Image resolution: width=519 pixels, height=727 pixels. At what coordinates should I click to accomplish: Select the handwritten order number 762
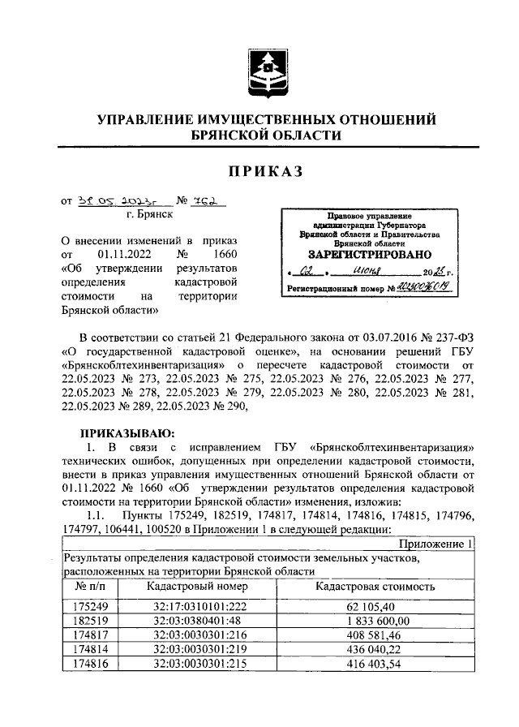coord(207,201)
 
